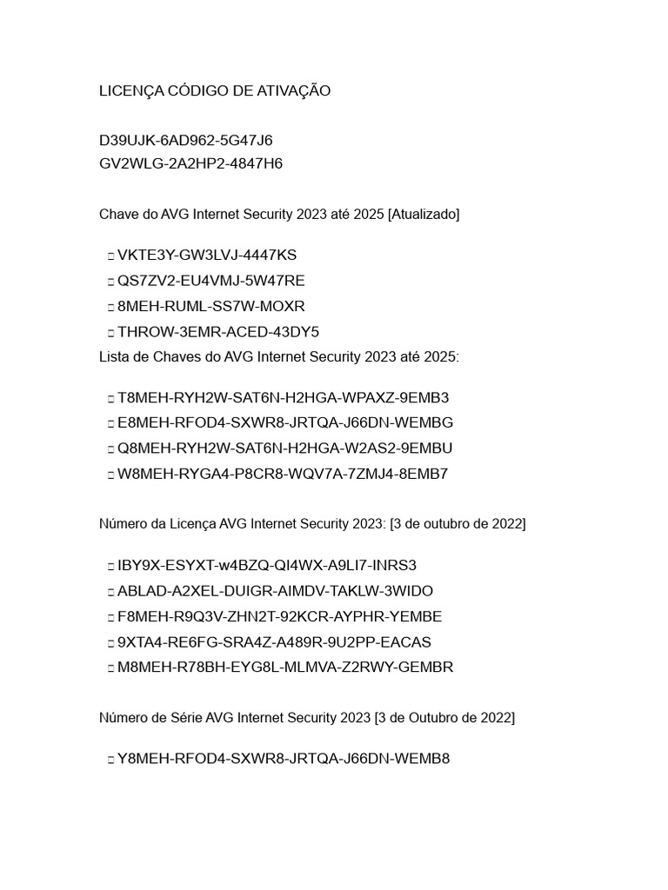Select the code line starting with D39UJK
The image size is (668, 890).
186,141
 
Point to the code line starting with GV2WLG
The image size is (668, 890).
190,163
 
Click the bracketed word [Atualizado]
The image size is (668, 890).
424,214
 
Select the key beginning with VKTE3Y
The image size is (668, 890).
207,256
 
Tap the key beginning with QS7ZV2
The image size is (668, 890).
211,281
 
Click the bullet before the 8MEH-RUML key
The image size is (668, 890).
110,307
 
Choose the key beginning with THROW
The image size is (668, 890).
218,332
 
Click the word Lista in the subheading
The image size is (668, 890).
115,357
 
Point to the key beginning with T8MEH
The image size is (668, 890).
284,398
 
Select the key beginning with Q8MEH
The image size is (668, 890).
285,448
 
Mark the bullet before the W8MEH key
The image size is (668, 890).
110,475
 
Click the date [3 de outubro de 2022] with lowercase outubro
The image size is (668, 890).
458,524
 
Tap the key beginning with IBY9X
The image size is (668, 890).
267,566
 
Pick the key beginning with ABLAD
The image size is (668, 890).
275,591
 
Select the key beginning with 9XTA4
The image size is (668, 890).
274,642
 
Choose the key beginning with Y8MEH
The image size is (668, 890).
284,759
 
